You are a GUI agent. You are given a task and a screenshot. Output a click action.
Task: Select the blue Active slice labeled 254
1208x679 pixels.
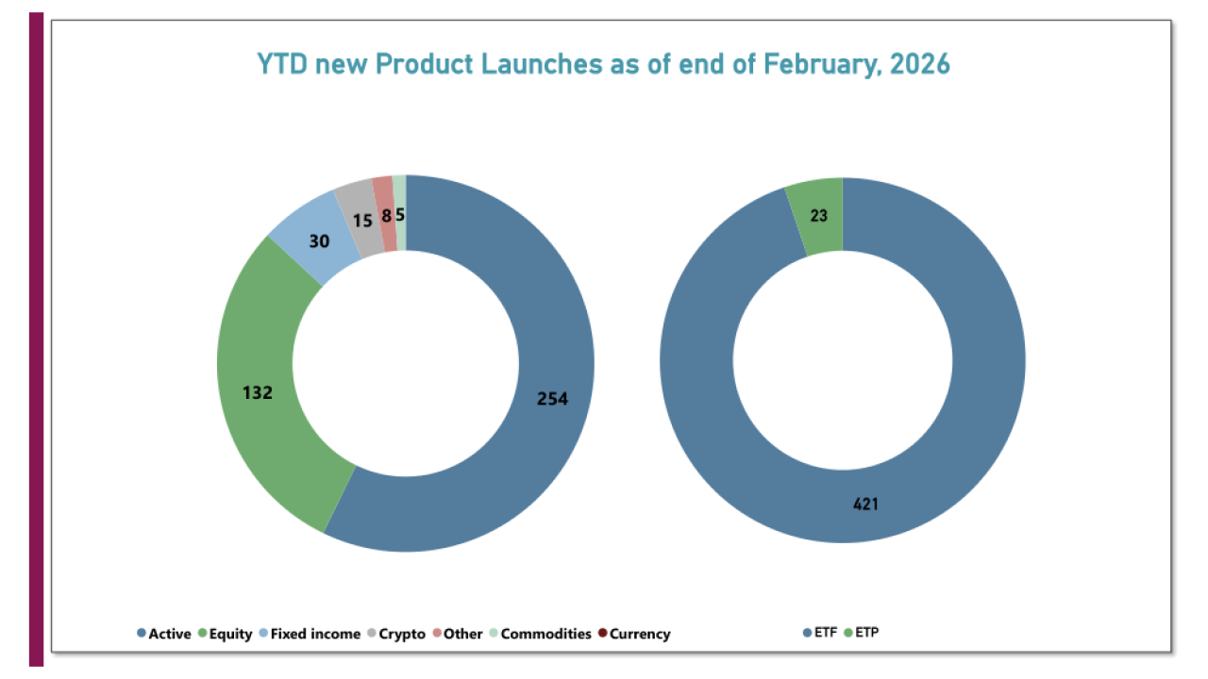click(510, 453)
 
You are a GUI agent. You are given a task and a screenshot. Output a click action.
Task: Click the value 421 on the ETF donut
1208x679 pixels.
click(865, 505)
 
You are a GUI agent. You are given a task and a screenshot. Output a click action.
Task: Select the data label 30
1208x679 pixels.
click(319, 240)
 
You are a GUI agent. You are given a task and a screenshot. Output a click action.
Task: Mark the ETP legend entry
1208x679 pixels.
click(864, 633)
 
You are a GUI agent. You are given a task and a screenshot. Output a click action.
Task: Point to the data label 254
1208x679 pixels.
click(552, 399)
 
